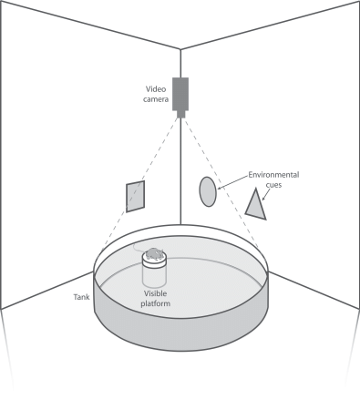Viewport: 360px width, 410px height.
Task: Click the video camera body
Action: (x=180, y=94)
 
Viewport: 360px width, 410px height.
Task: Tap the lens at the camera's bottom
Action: (x=180, y=114)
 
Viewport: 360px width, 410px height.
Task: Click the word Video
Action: (x=156, y=89)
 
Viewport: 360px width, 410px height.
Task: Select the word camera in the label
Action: (x=156, y=99)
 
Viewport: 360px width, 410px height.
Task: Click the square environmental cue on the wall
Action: (x=135, y=196)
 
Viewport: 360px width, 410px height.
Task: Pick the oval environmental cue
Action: (x=208, y=191)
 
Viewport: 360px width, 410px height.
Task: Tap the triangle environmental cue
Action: (x=256, y=206)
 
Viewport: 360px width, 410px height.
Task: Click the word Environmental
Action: (x=273, y=175)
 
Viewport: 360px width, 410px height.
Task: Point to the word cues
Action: (x=273, y=185)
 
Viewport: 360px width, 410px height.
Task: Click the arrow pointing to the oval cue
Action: (x=232, y=182)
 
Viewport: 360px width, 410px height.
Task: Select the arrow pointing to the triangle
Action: (x=266, y=194)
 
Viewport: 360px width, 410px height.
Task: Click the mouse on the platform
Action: (x=154, y=254)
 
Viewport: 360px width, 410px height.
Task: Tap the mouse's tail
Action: (x=139, y=248)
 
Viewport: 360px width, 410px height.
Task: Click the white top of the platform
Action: (x=154, y=261)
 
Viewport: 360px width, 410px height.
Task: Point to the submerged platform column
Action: (x=154, y=277)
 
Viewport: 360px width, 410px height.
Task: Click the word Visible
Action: (x=155, y=293)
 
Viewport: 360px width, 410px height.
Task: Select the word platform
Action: (x=155, y=303)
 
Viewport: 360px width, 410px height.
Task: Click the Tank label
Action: (x=81, y=297)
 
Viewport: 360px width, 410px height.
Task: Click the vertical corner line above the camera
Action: (x=180, y=63)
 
